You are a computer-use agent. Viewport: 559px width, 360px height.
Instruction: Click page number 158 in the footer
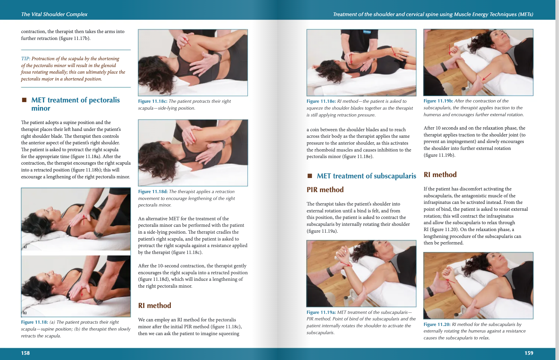(25, 353)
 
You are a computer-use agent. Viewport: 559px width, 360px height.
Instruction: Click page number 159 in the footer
(529, 353)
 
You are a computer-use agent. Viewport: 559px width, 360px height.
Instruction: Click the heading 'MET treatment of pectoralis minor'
(75, 104)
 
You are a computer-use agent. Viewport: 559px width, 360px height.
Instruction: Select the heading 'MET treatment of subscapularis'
(366, 176)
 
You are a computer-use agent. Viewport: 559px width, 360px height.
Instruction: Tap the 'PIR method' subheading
(325, 190)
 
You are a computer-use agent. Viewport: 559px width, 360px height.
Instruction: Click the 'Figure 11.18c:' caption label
(153, 101)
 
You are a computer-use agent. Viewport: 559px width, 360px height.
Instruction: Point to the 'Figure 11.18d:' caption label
(153, 192)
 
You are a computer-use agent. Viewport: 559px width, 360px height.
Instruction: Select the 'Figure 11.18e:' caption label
(321, 101)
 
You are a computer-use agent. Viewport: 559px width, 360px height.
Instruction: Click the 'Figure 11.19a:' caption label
(321, 312)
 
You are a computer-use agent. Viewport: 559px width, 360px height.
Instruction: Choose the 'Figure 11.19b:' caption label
(438, 101)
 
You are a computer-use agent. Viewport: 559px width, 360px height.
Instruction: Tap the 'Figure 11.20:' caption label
(437, 324)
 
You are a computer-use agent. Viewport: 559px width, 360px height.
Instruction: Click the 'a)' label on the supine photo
(25, 247)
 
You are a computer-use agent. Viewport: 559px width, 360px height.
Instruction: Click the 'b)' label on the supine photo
(25, 313)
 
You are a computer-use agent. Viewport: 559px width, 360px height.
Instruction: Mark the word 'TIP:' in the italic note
(26, 59)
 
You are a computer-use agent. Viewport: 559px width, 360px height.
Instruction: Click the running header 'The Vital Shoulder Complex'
(54, 14)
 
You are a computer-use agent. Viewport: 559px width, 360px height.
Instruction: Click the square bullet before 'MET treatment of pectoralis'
(24, 100)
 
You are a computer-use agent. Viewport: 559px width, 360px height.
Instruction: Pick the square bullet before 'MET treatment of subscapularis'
(310, 176)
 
